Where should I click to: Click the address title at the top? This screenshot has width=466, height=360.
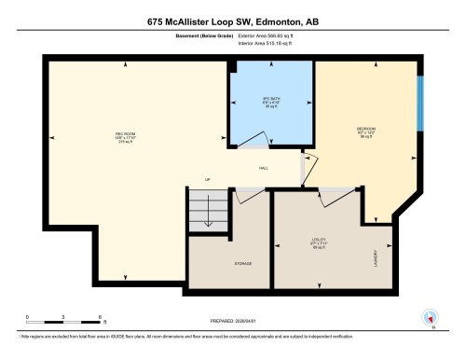(232, 21)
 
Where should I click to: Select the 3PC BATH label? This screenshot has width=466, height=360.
(271, 101)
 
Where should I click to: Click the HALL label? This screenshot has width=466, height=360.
(264, 168)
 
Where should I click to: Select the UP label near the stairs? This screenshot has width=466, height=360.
(208, 178)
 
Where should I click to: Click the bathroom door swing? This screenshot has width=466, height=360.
(250, 140)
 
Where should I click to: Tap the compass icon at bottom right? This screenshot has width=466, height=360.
(430, 316)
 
